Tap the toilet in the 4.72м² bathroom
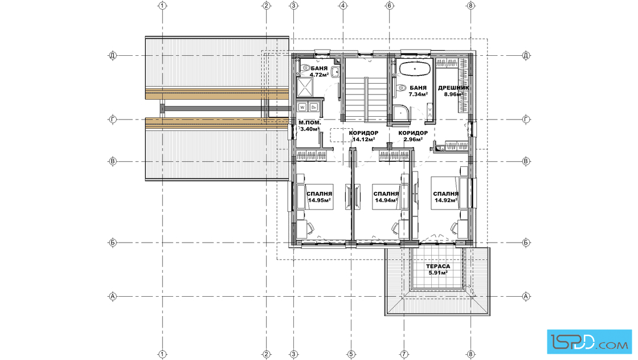click(x=304, y=68)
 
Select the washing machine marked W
click(x=302, y=107)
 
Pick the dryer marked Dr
click(x=313, y=107)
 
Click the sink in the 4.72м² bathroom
click(x=336, y=72)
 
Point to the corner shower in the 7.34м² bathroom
click(x=402, y=113)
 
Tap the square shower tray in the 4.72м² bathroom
click(x=305, y=88)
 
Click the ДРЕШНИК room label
click(x=453, y=88)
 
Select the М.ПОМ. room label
click(x=310, y=122)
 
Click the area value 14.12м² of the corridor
click(x=363, y=139)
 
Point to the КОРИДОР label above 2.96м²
click(x=413, y=133)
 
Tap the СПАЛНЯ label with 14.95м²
click(x=320, y=194)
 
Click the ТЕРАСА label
click(x=438, y=267)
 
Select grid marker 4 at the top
click(x=343, y=6)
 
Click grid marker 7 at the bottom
click(x=404, y=354)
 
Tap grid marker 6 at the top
click(x=390, y=6)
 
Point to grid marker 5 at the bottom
click(x=351, y=354)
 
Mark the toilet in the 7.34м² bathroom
click(x=401, y=88)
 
